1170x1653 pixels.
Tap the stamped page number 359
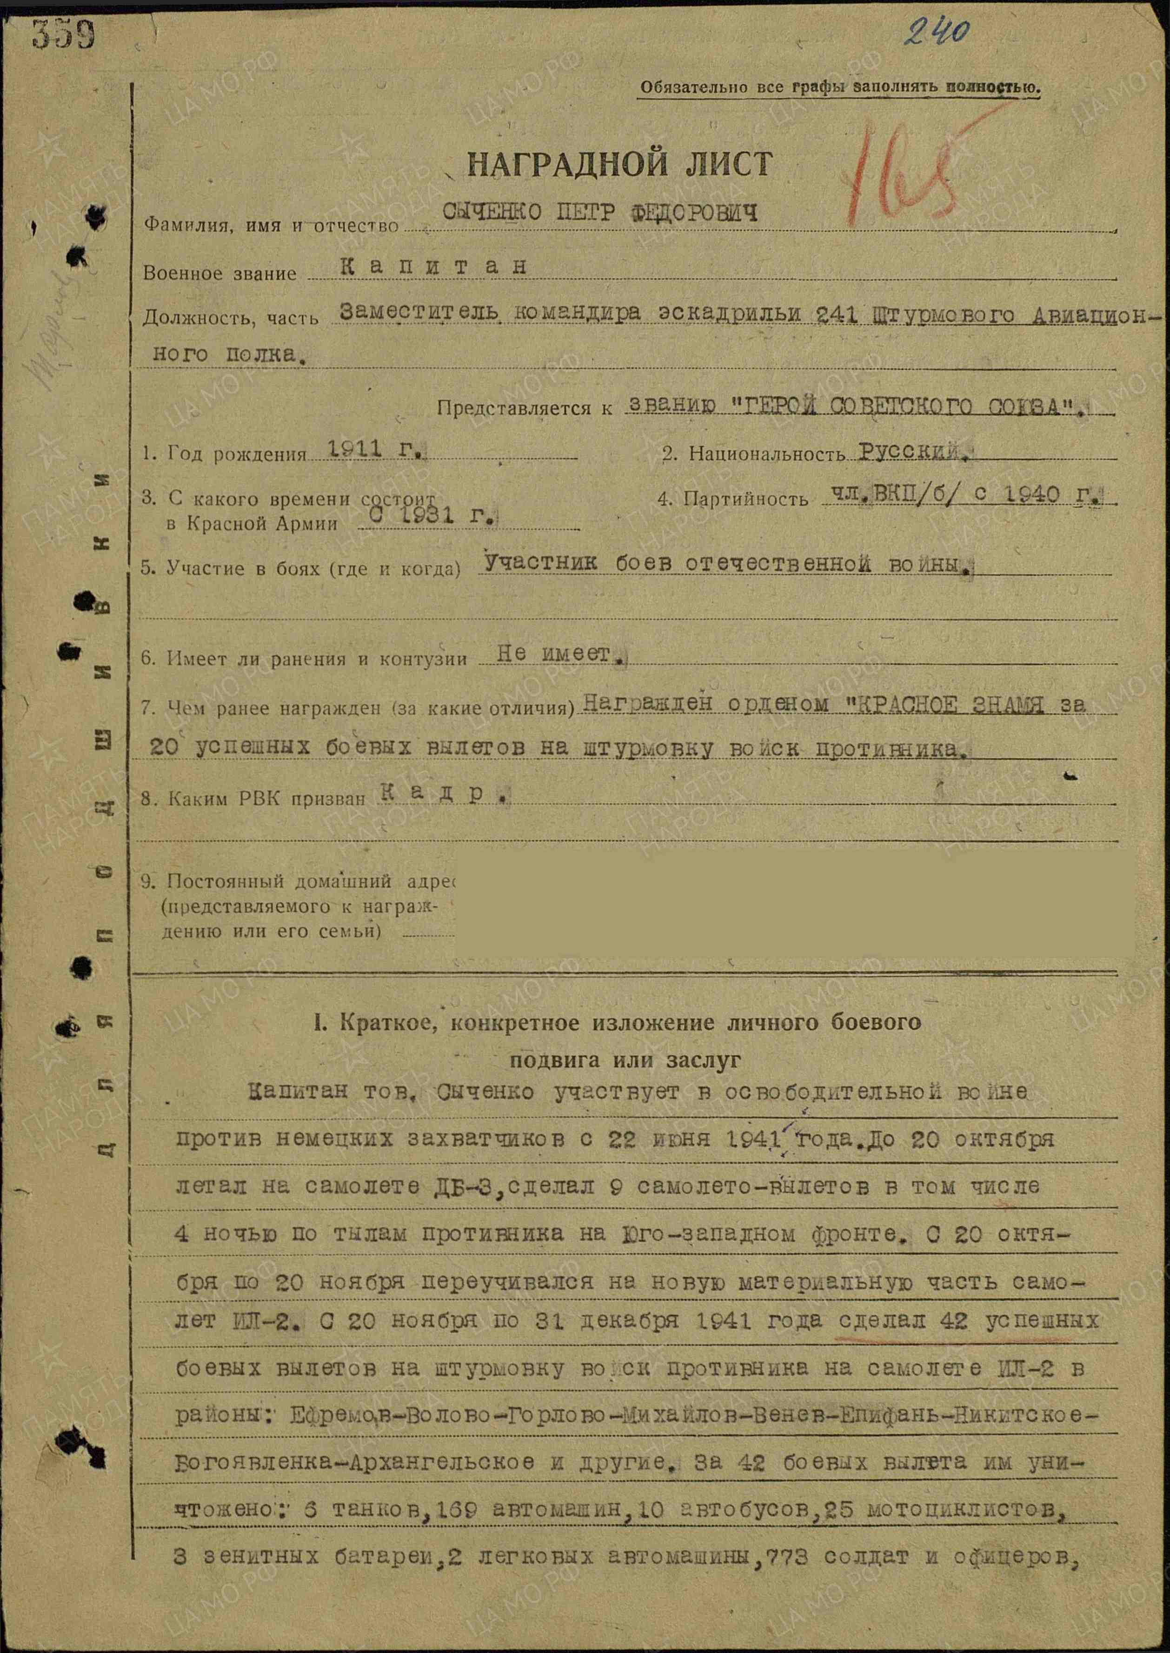(x=63, y=34)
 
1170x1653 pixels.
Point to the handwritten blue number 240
(x=936, y=33)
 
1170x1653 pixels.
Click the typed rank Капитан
(x=432, y=267)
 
